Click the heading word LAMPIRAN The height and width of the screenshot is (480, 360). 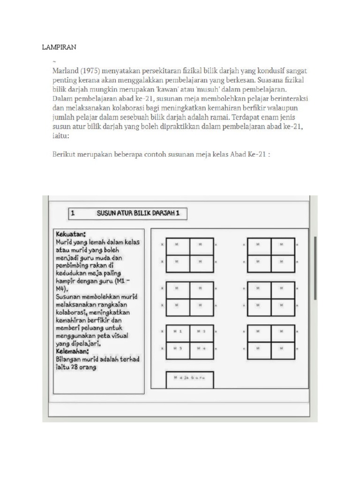(59, 47)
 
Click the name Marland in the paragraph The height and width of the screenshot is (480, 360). (65, 71)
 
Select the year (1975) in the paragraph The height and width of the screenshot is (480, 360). (91, 71)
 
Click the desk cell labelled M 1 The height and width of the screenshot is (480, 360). (178, 331)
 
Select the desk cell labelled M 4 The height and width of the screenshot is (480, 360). (202, 348)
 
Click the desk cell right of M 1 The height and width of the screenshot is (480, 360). (202, 331)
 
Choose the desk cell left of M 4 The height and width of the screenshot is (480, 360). (178, 348)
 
